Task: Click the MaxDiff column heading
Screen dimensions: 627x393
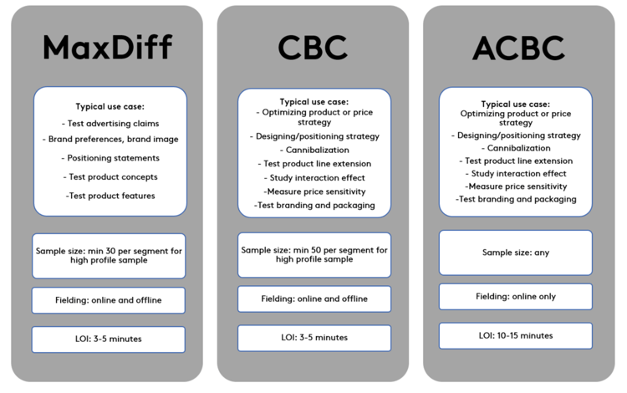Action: click(x=108, y=47)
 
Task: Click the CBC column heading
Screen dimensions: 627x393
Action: click(x=313, y=48)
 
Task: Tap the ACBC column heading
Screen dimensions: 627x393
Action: click(x=518, y=48)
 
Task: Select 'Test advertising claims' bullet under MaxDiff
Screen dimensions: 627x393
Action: click(x=110, y=124)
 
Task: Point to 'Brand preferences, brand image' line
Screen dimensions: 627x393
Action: click(x=110, y=139)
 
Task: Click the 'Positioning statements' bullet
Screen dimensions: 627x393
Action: click(x=110, y=158)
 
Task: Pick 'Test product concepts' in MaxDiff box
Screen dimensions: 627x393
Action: click(x=110, y=176)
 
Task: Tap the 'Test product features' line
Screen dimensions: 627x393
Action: click(x=110, y=196)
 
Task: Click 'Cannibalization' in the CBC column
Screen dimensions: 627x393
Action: click(x=314, y=150)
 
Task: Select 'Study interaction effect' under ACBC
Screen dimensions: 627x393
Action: click(x=516, y=174)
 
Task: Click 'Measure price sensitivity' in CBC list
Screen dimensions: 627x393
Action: click(x=314, y=191)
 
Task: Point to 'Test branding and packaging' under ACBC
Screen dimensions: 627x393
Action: click(x=516, y=199)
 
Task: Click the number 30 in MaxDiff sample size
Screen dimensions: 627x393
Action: click(x=110, y=251)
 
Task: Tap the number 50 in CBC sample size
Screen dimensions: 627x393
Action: click(x=316, y=250)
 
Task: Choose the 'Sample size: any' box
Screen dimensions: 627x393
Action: click(x=516, y=253)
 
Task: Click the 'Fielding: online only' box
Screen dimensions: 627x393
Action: click(x=516, y=297)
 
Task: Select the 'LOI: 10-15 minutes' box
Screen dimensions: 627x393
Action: click(x=516, y=336)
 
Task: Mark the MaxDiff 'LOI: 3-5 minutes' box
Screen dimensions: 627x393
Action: click(x=109, y=339)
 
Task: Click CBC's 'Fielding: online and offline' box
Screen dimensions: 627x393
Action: click(x=314, y=299)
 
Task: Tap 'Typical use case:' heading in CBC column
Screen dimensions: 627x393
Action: click(x=313, y=102)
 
